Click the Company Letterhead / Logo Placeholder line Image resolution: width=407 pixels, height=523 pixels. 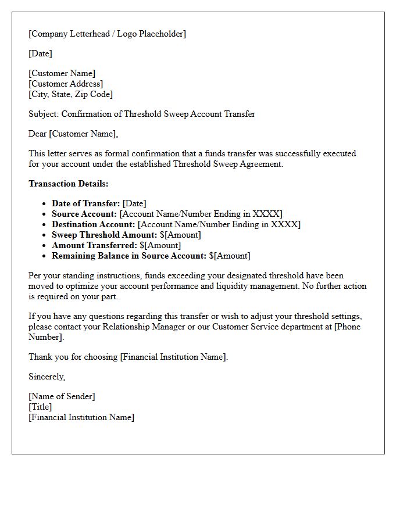[x=107, y=34]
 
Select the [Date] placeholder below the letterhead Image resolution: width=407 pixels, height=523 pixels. [x=40, y=53]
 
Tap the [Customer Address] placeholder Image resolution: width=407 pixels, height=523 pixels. [x=66, y=84]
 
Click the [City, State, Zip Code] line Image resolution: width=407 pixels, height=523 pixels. [x=70, y=94]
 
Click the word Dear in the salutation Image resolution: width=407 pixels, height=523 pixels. [x=38, y=134]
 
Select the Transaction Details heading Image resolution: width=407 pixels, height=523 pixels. [x=69, y=184]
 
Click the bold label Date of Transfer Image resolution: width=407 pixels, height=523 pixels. [x=85, y=203]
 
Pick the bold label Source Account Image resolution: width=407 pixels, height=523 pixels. [x=84, y=214]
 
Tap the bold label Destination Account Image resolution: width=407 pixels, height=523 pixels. [x=93, y=224]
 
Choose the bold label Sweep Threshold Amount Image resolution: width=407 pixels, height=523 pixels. [x=104, y=235]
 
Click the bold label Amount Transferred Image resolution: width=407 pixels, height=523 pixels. [x=94, y=245]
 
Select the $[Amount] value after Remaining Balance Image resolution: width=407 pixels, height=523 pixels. [x=230, y=256]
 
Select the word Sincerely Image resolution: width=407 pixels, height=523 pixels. [x=47, y=377]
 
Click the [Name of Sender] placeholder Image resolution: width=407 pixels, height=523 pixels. [x=62, y=396]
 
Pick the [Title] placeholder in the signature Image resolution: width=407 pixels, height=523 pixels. [x=40, y=407]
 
